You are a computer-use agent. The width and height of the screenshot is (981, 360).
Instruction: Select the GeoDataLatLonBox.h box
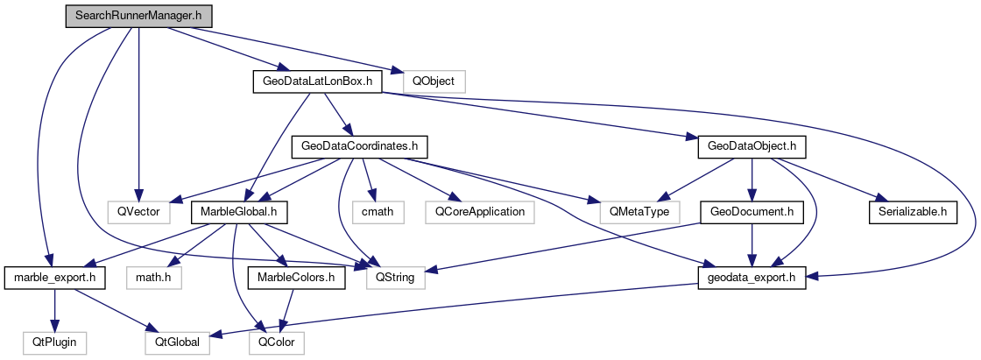point(313,81)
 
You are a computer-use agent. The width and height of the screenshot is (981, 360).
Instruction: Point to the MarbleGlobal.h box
point(238,211)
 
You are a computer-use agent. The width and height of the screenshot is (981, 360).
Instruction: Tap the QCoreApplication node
point(477,211)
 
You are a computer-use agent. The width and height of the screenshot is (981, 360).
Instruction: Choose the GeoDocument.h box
point(751,211)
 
